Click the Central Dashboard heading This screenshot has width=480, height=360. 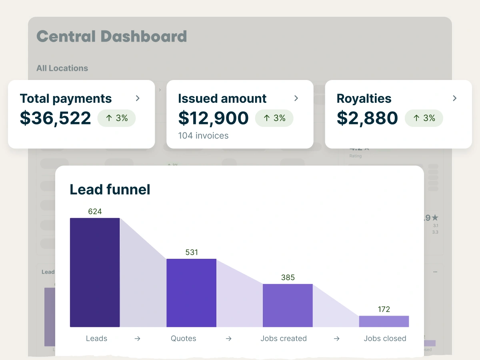click(x=112, y=36)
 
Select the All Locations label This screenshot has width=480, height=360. click(x=62, y=68)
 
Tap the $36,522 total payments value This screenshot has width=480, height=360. click(x=56, y=118)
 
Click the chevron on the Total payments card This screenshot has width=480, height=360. click(x=138, y=98)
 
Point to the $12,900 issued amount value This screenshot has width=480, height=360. click(x=214, y=118)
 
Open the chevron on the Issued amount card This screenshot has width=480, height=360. click(x=296, y=98)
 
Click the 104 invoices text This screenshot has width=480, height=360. click(x=203, y=136)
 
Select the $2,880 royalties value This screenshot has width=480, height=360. click(x=367, y=118)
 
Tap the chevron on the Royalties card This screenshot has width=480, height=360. click(x=454, y=98)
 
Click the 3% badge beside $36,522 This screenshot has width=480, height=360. click(x=116, y=118)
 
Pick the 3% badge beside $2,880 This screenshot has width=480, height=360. click(x=424, y=118)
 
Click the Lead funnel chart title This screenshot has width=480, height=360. click(x=110, y=189)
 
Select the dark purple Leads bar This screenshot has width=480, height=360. click(x=95, y=272)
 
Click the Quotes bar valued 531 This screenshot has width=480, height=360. click(x=191, y=293)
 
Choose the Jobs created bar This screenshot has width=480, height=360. click(x=288, y=305)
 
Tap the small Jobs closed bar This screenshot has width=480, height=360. click(x=384, y=321)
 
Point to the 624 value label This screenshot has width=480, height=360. click(x=95, y=211)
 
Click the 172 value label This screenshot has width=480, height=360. click(x=384, y=309)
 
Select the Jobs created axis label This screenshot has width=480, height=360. click(x=284, y=338)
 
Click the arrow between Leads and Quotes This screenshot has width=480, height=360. click(x=137, y=338)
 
